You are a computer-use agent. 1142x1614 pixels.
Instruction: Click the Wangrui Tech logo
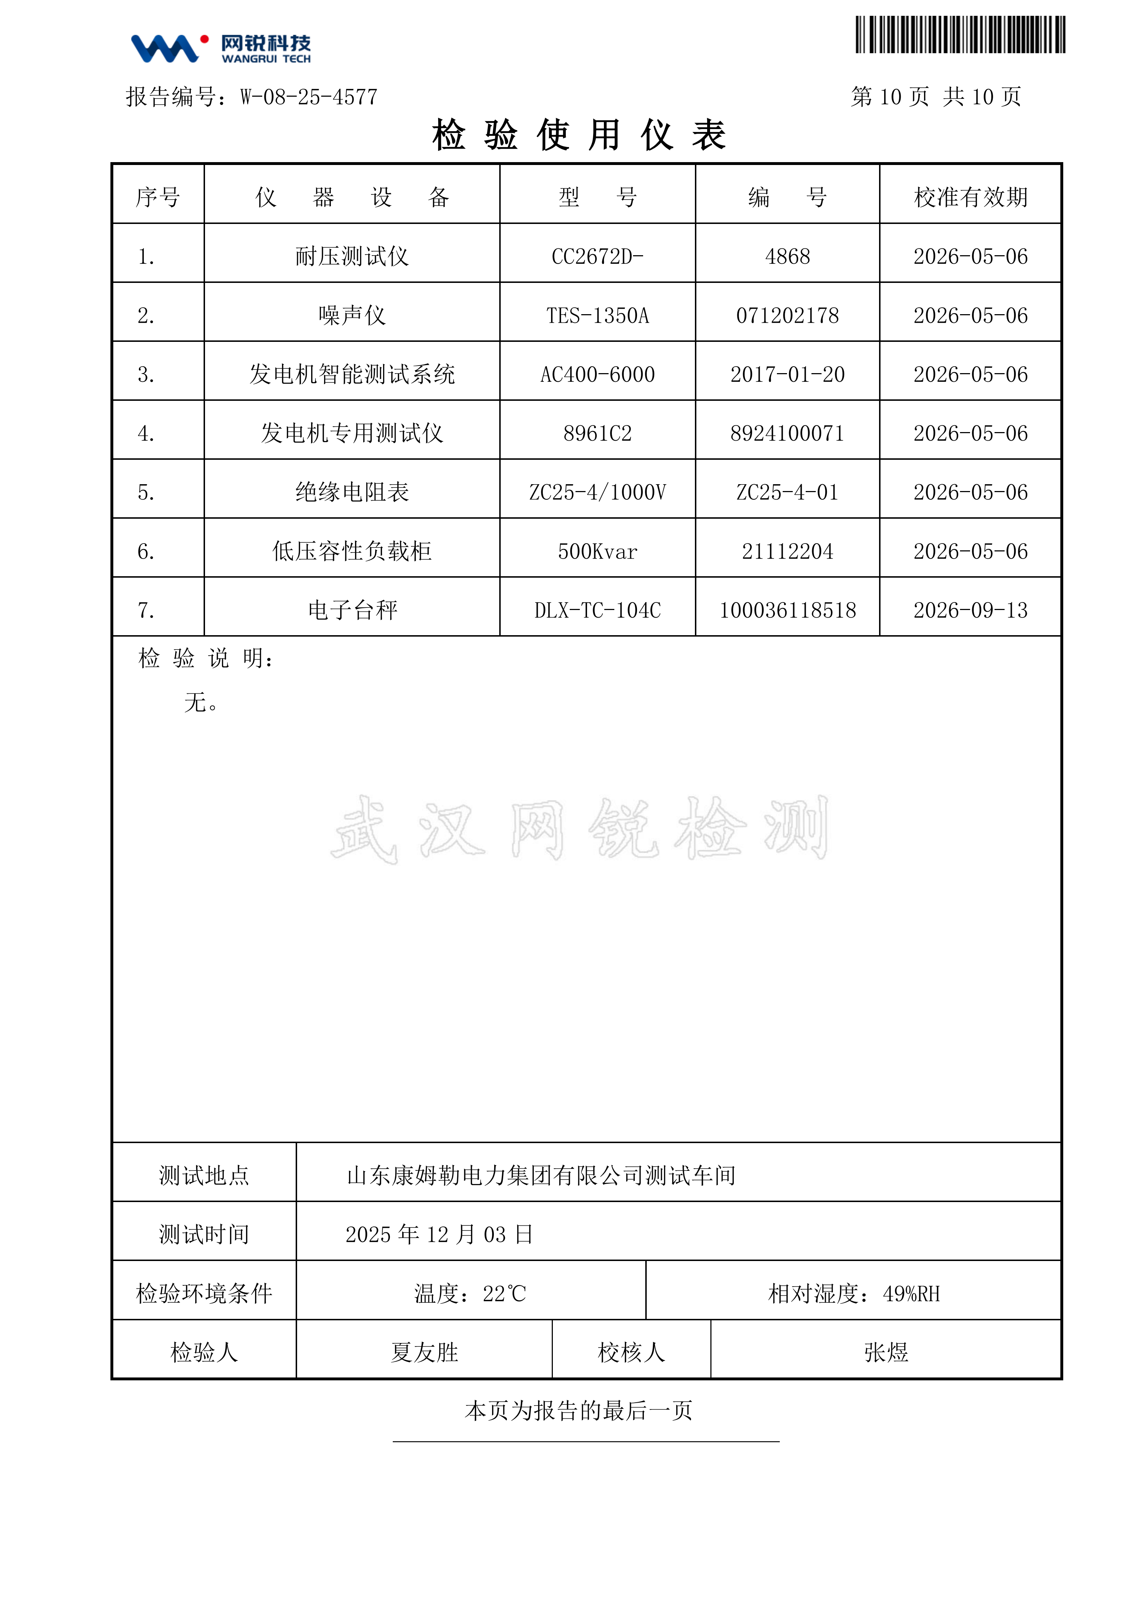[220, 49]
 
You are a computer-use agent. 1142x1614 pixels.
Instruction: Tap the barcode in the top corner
[960, 35]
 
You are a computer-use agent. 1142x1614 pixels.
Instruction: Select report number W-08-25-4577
[309, 97]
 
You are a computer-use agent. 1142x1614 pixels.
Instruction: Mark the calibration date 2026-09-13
[970, 610]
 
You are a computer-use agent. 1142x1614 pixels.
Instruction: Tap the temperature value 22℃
[504, 1293]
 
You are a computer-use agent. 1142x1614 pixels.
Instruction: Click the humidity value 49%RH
[911, 1293]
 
